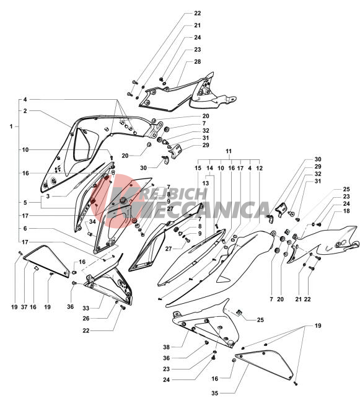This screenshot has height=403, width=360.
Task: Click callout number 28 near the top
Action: [x=197, y=61]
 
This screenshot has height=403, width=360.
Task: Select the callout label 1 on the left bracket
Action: [x=11, y=126]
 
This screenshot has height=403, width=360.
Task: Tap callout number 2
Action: [x=25, y=111]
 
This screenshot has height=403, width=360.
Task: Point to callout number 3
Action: [x=48, y=197]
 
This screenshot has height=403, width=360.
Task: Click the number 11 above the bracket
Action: [x=229, y=151]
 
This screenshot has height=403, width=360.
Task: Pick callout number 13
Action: [x=206, y=184]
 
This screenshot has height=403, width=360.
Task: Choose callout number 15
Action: [x=198, y=168]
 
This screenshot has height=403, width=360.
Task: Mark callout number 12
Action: [x=260, y=168]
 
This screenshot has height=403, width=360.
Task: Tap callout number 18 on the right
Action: [x=346, y=211]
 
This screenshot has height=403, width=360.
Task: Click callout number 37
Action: [x=24, y=307]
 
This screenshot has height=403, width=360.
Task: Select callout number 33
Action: [x=86, y=308]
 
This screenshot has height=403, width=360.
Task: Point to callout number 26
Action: [x=86, y=319]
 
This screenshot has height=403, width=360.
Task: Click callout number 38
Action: [x=167, y=347]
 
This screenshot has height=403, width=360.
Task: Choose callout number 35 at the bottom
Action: [x=215, y=393]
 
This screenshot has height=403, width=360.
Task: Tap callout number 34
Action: [x=92, y=221]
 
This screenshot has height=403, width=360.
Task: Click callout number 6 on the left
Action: [x=25, y=228]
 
